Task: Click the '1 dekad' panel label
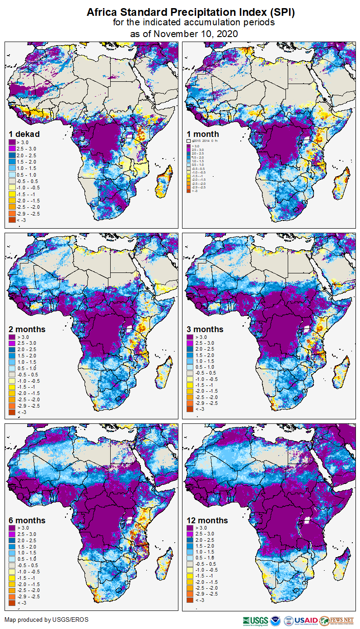[x=24, y=134]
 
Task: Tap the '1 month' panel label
[x=203, y=134]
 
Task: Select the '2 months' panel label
[x=27, y=329]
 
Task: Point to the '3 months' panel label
[x=206, y=329]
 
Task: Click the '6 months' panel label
[x=27, y=521]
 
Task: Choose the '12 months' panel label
[x=207, y=521]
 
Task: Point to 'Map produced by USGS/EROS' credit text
[x=47, y=620]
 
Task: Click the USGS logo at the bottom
[x=256, y=620]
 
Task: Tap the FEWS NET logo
[x=337, y=620]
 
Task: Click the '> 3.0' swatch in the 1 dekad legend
[x=12, y=143]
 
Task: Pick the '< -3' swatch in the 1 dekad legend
[x=12, y=219]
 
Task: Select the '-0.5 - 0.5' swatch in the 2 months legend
[x=12, y=375]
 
